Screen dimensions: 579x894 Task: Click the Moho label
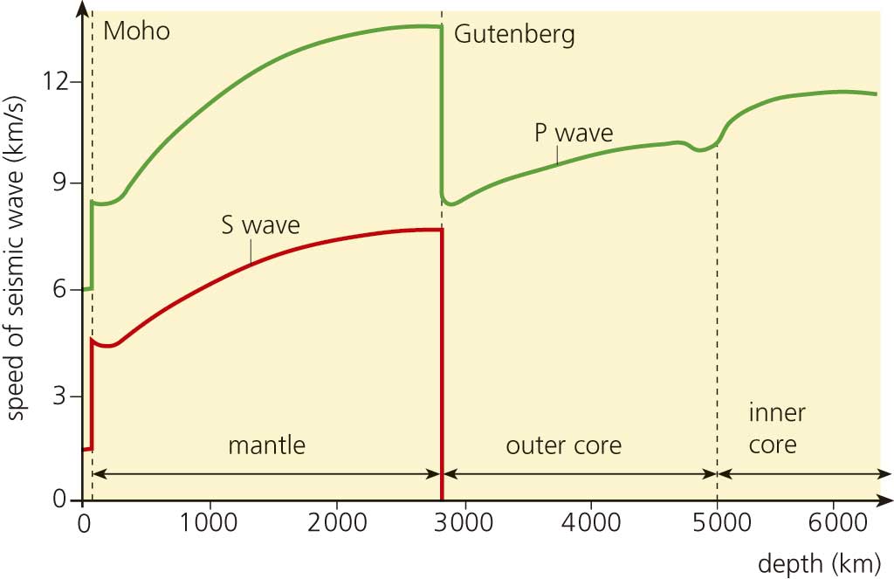(136, 32)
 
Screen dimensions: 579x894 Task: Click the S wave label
(260, 225)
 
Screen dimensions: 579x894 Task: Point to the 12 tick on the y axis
(56, 81)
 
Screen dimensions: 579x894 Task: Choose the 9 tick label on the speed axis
(63, 184)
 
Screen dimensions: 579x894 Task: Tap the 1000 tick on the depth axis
(209, 526)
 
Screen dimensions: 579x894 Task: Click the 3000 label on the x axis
(464, 526)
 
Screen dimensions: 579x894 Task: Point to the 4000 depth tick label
(590, 526)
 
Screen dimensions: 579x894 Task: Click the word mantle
(266, 445)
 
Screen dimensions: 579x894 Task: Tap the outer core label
(563, 445)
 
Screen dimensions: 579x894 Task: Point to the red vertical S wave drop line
(443, 367)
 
